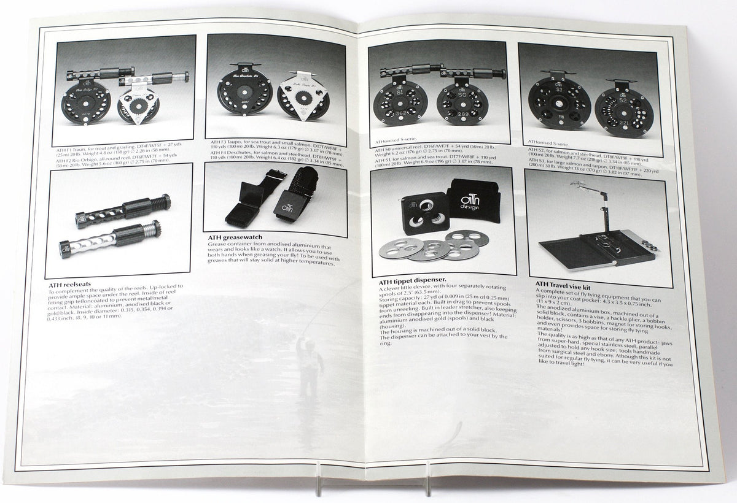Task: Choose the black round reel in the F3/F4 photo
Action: pyautogui.click(x=245, y=96)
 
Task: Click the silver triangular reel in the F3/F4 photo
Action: pyautogui.click(x=302, y=97)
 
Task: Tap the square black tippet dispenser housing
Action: pyautogui.click(x=423, y=212)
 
